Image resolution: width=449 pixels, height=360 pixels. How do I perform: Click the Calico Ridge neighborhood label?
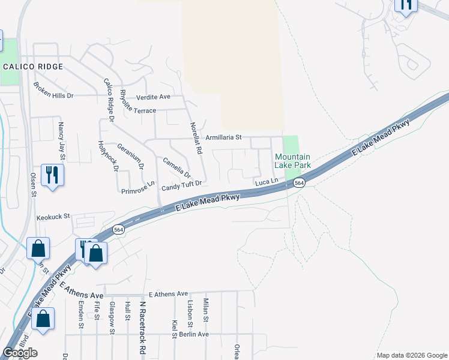tap(33, 67)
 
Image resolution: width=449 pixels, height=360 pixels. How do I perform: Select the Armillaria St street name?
tap(223, 137)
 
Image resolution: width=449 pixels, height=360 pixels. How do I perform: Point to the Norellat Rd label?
tap(195, 139)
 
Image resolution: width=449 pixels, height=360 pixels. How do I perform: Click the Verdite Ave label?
tap(154, 97)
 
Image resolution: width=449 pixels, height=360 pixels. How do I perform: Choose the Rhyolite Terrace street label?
tap(138, 111)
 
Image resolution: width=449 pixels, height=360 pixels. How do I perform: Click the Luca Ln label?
tap(267, 181)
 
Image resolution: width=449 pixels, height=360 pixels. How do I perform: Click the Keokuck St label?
tap(53, 217)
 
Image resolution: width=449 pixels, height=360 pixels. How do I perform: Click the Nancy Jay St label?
tap(61, 139)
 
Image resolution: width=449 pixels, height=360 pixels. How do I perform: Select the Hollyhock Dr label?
tap(108, 155)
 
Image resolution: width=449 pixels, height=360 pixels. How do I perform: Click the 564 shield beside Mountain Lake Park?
tap(299, 183)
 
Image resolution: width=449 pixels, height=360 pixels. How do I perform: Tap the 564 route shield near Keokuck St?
tap(118, 229)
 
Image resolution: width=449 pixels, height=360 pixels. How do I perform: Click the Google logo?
tap(20, 353)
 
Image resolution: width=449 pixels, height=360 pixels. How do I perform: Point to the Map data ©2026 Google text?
tap(411, 355)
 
